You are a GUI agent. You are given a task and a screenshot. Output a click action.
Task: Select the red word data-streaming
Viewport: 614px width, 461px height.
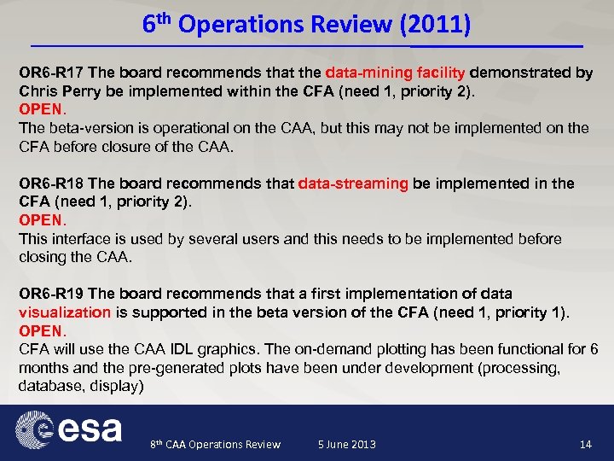(353, 184)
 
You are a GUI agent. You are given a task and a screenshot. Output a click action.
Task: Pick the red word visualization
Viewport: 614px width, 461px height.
(65, 312)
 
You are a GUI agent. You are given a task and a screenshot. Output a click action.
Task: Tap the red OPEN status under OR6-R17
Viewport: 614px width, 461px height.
(40, 110)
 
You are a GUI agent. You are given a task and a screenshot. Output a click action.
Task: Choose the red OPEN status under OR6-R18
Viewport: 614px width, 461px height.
(40, 220)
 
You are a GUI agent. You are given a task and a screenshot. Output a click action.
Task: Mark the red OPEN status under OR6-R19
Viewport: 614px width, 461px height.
(40, 330)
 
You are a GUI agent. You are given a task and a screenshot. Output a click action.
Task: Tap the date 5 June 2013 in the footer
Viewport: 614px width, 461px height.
(346, 445)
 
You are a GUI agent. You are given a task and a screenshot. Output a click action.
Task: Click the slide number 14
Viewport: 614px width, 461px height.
(585, 444)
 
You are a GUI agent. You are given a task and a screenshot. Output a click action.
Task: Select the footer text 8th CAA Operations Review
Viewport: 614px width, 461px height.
(215, 445)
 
